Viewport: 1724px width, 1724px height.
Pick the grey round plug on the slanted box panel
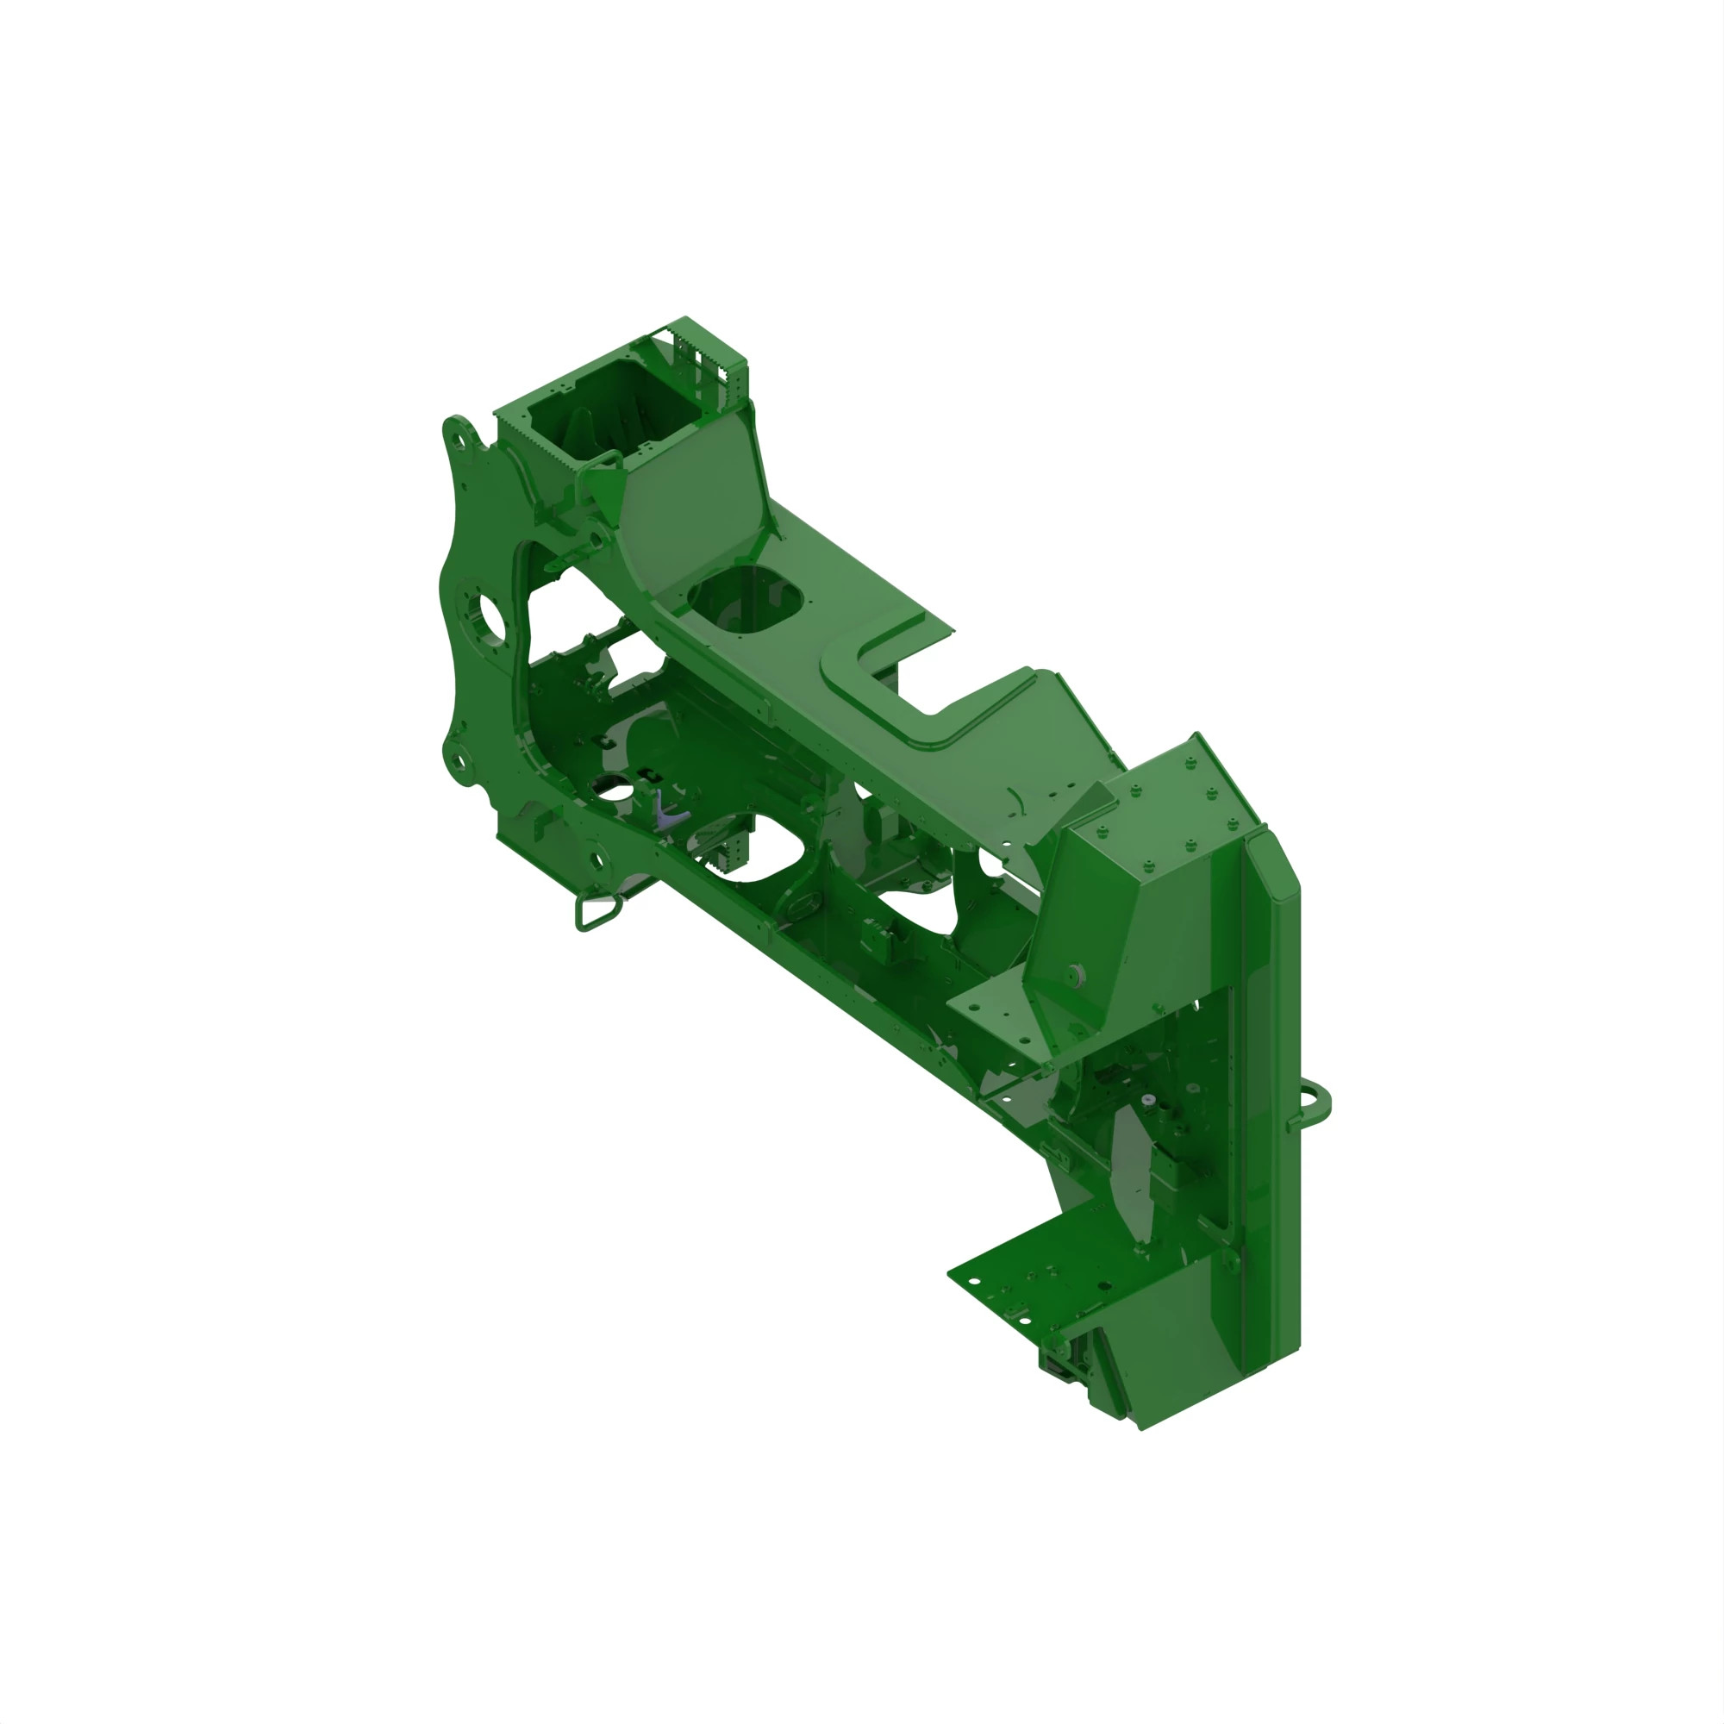pyautogui.click(x=1075, y=973)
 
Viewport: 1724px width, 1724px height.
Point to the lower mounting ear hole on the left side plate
pyautogui.click(x=457, y=761)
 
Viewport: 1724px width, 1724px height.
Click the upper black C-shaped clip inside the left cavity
pyautogui.click(x=607, y=742)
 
